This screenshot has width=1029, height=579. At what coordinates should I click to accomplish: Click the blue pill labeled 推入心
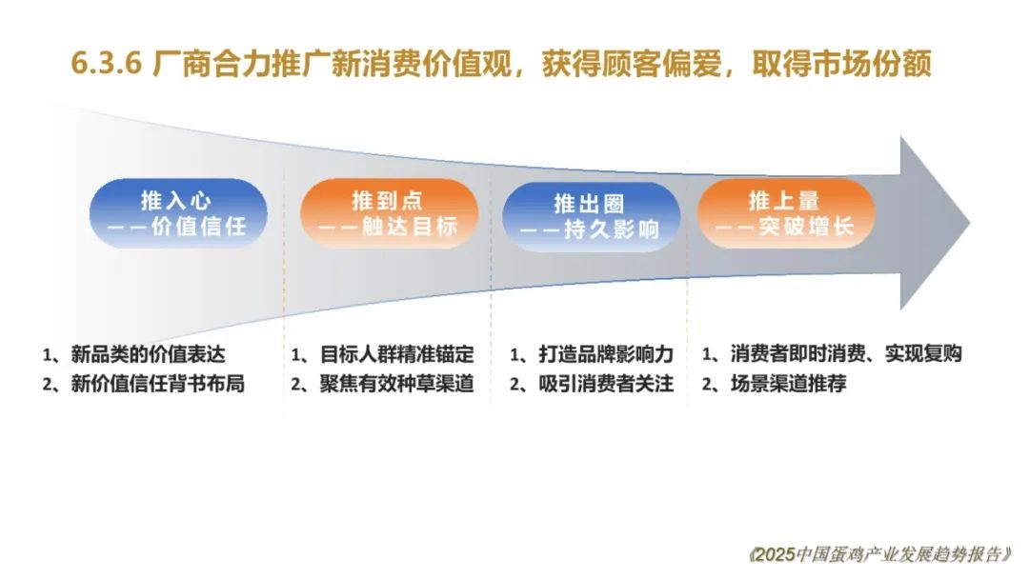tap(178, 213)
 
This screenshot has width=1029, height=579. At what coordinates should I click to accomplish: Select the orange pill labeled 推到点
tap(389, 213)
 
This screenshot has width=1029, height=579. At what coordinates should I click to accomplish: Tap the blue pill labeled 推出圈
tap(591, 216)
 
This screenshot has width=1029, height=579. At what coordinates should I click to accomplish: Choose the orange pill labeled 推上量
tap(786, 213)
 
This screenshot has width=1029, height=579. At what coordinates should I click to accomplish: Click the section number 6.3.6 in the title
tap(107, 64)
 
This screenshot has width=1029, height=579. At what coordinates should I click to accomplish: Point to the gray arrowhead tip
tap(970, 223)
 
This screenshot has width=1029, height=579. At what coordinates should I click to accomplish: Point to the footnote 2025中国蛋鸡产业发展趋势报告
tap(880, 555)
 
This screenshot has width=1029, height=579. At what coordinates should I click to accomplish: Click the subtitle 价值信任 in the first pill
tap(199, 227)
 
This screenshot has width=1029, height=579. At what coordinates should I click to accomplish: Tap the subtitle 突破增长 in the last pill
tap(807, 227)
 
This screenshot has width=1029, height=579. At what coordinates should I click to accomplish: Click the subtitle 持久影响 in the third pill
tap(612, 230)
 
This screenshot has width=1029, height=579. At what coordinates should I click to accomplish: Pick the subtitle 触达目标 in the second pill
tap(410, 227)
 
